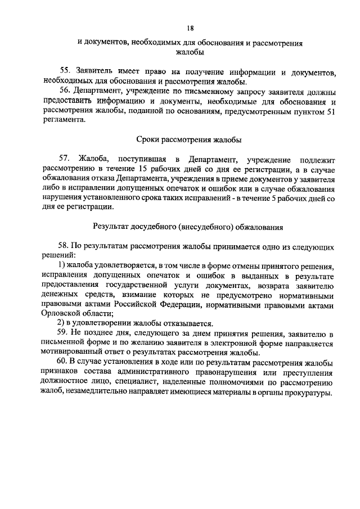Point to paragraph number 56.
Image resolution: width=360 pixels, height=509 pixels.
pos(65,92)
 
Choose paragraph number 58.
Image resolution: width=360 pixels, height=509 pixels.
pos(65,247)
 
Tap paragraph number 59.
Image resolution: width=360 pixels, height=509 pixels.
pos(65,334)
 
